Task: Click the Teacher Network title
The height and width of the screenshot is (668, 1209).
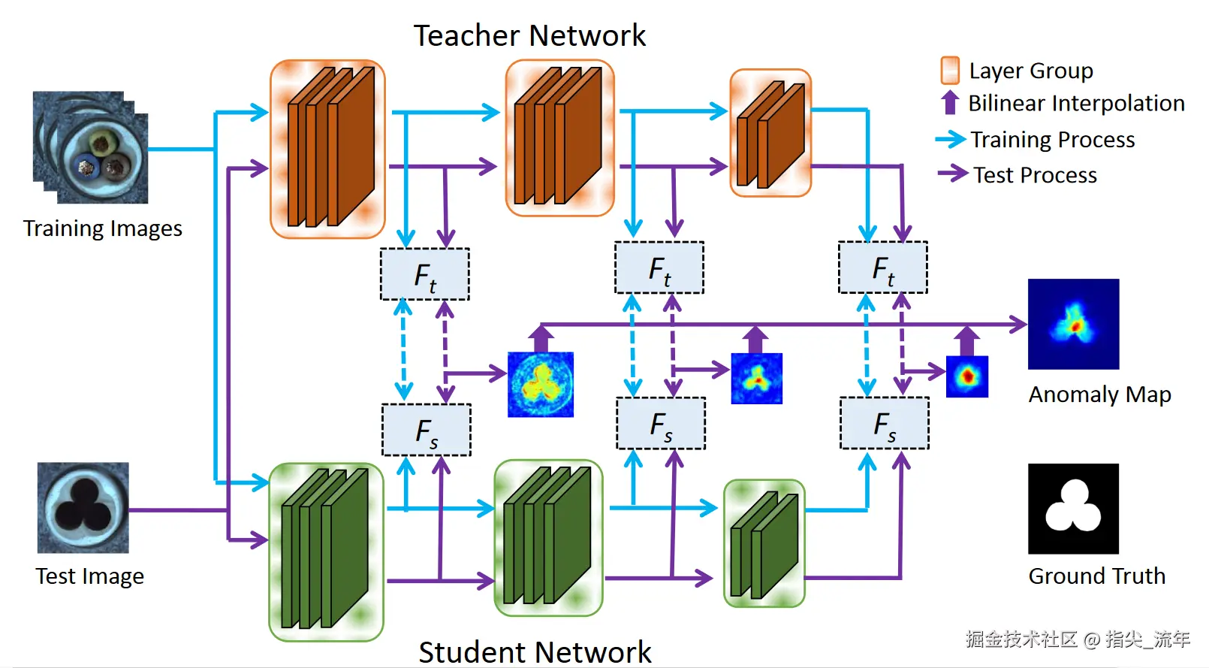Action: point(529,36)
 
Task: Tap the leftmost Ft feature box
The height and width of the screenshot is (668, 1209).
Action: point(425,275)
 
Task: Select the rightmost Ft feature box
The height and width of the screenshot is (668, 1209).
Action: point(883,268)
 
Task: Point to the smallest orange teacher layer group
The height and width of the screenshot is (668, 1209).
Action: point(770,134)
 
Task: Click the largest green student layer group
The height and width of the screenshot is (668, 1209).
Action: point(326,552)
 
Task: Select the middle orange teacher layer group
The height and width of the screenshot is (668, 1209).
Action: point(560,138)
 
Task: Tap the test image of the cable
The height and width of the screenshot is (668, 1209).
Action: point(83,508)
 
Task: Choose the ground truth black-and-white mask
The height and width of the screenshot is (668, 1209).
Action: point(1073,509)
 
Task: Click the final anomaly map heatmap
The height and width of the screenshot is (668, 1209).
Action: point(1073,324)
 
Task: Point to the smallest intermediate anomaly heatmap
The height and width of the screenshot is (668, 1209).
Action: point(967,376)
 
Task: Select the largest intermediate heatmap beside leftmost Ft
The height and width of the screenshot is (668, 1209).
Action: point(541,385)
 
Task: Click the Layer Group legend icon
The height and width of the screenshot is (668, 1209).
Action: point(950,70)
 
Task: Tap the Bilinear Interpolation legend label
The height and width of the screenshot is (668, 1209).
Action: point(1076,103)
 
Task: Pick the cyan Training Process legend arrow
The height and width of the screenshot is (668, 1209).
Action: point(951,139)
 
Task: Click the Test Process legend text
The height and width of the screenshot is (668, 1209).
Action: point(1035,175)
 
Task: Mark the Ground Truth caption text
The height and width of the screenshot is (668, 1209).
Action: point(1096,576)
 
